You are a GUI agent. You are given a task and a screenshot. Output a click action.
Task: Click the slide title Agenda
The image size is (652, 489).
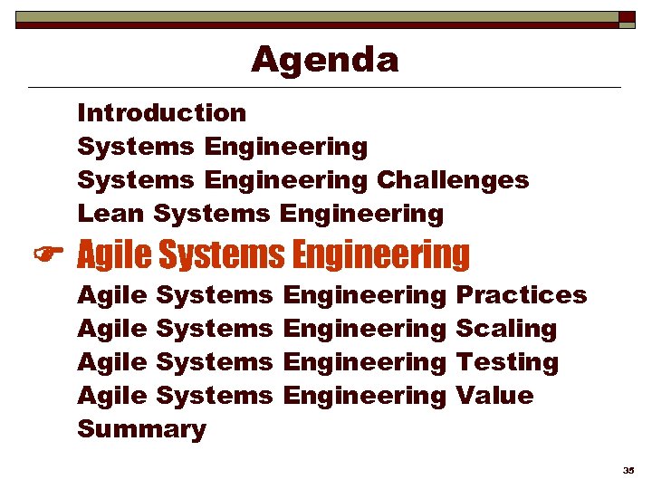point(324,60)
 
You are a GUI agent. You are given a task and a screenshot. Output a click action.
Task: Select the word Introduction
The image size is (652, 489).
point(161,113)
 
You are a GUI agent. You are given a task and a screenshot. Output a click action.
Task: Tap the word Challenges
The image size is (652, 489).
point(452,180)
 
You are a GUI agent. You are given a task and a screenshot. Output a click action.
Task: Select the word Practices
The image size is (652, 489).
point(521,295)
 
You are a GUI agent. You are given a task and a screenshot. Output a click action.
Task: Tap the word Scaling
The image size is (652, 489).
point(505,329)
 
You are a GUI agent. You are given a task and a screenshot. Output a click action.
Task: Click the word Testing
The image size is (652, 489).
point(506,362)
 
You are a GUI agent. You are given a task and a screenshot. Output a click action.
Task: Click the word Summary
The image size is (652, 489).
point(141,429)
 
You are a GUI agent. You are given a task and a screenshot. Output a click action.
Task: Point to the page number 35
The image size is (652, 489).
point(628,471)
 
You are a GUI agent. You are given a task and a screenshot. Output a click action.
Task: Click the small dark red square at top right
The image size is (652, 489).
point(627,16)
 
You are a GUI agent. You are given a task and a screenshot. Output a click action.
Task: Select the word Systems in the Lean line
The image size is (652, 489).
point(212,214)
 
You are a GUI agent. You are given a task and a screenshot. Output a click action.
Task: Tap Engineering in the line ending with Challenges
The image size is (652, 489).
point(286,180)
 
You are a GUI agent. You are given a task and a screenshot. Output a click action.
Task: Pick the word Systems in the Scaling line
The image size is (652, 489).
point(215,329)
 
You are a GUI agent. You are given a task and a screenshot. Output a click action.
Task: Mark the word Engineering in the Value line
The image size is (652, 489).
point(365,396)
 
